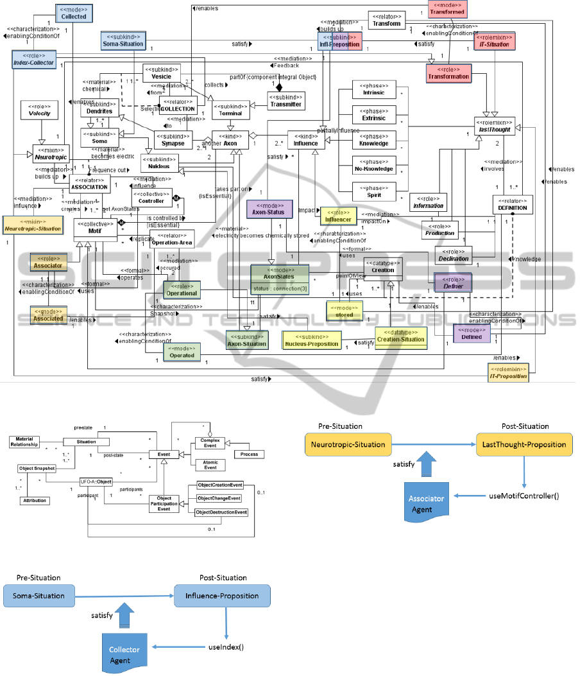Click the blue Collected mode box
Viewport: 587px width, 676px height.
pos(74,13)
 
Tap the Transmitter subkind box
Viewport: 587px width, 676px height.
pos(285,100)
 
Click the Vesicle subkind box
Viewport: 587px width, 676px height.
pos(161,73)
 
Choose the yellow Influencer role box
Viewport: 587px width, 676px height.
pos(338,216)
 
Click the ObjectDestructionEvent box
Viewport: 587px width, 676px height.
pos(222,512)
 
